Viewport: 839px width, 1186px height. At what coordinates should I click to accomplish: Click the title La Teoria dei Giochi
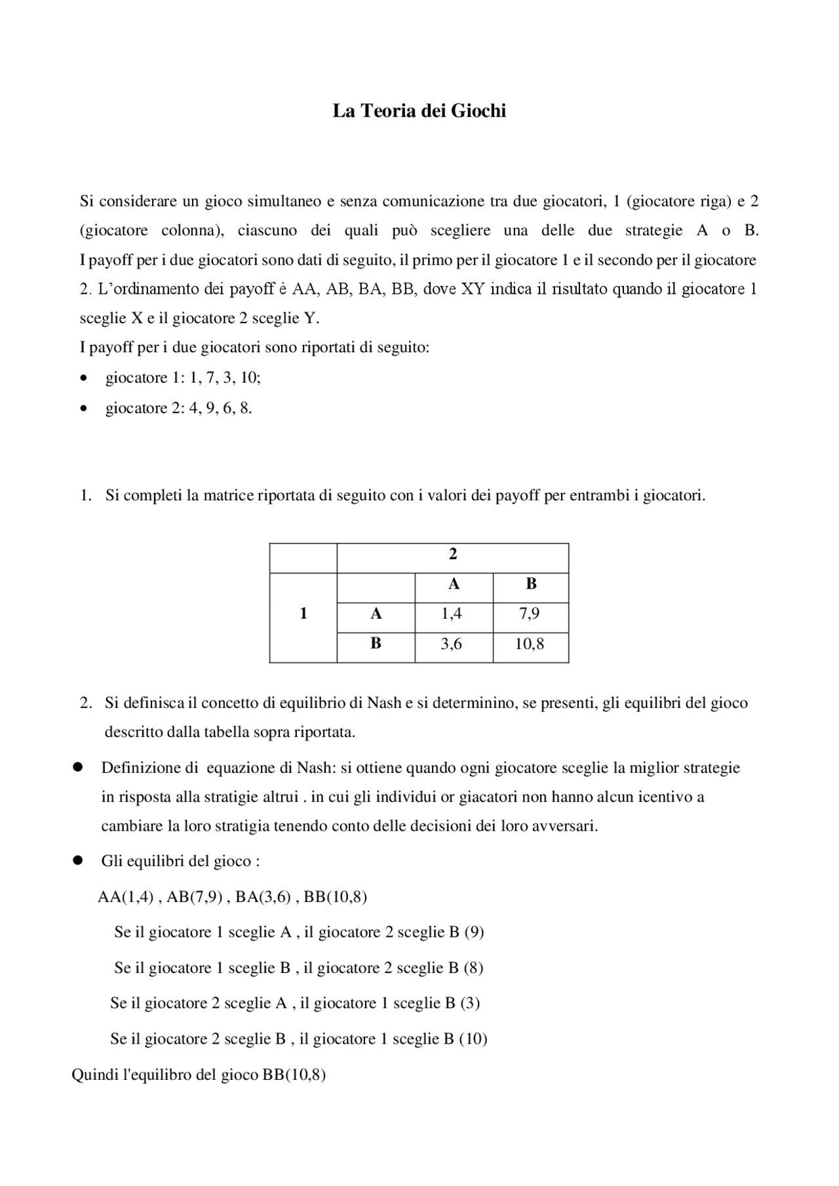pyautogui.click(x=419, y=111)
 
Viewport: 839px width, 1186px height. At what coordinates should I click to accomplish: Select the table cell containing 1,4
pyautogui.click(x=452, y=614)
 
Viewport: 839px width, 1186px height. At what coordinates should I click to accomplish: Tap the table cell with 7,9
pyautogui.click(x=530, y=614)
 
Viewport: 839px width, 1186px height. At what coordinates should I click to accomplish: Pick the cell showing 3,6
pyautogui.click(x=452, y=644)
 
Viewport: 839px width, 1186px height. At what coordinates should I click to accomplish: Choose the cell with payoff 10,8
pyautogui.click(x=530, y=644)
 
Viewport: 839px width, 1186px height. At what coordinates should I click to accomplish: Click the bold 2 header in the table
pyautogui.click(x=452, y=554)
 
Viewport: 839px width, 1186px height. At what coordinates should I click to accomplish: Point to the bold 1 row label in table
pyautogui.click(x=303, y=614)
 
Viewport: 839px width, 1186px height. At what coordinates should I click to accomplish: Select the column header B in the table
pyautogui.click(x=531, y=583)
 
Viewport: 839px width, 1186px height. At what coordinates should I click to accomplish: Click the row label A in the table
pyautogui.click(x=376, y=614)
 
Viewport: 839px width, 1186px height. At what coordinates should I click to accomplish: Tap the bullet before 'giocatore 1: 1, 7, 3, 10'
pyautogui.click(x=83, y=379)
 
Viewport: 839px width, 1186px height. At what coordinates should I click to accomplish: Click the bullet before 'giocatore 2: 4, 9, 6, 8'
pyautogui.click(x=83, y=409)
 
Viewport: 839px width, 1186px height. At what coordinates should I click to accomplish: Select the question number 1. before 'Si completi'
pyautogui.click(x=85, y=496)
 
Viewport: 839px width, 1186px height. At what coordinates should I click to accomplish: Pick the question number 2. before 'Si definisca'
pyautogui.click(x=85, y=703)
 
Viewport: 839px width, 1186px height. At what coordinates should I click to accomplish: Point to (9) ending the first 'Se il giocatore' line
pyautogui.click(x=474, y=932)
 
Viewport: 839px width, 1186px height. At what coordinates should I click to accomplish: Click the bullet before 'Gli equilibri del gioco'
pyautogui.click(x=77, y=861)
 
